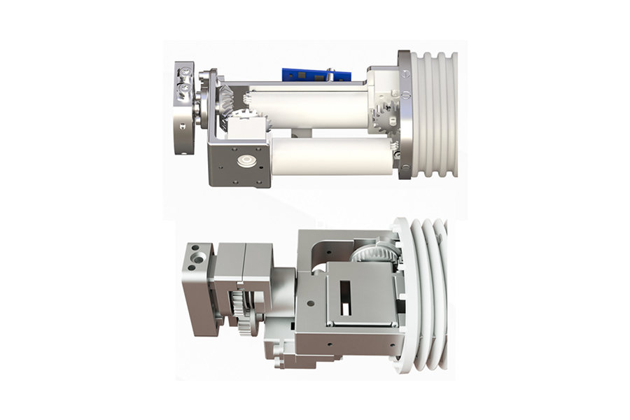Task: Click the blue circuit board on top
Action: [x=305, y=74]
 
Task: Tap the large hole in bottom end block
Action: [x=201, y=259]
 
